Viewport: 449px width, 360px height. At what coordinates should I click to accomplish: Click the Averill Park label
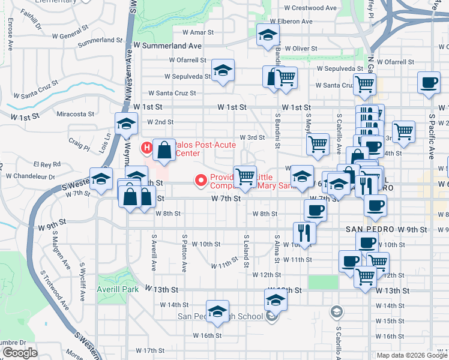(x=118, y=289)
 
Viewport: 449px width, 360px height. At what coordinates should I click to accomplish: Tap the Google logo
(x=20, y=353)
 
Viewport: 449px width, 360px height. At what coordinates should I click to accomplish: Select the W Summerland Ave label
(x=167, y=46)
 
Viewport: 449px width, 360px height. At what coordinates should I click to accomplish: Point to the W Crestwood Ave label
(x=310, y=8)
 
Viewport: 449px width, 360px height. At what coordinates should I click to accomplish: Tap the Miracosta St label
(x=75, y=113)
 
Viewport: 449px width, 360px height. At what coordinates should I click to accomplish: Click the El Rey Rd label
(x=47, y=164)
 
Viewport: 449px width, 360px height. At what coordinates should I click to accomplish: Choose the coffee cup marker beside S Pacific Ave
(x=428, y=83)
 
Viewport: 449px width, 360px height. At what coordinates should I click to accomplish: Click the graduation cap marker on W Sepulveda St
(x=222, y=71)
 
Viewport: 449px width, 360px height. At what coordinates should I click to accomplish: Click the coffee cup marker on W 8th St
(x=315, y=211)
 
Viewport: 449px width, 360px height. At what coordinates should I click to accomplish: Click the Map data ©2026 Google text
(x=411, y=355)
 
